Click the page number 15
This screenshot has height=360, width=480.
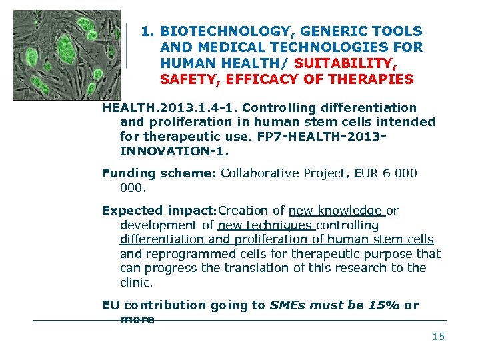(438, 337)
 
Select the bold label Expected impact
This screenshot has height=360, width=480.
(159, 211)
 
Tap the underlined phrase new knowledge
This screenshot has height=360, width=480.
(335, 211)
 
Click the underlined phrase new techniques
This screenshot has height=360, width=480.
(264, 225)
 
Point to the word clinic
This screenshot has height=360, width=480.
(136, 282)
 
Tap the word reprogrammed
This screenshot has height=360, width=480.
(186, 253)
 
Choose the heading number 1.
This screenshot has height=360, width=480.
(147, 31)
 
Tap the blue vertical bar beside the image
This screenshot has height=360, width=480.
(126, 45)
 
